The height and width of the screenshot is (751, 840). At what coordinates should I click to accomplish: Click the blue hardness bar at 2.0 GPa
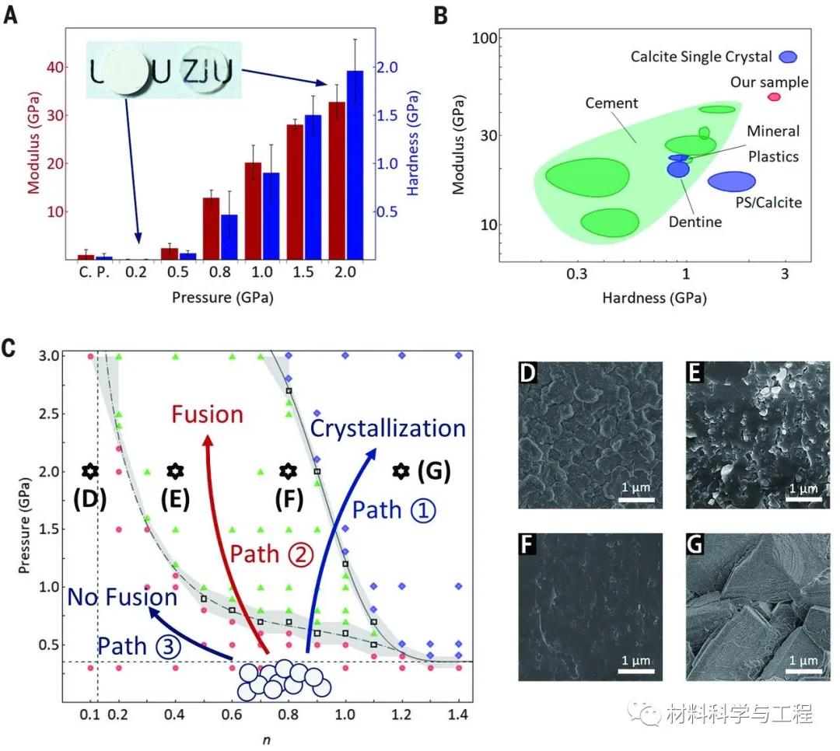tap(355, 165)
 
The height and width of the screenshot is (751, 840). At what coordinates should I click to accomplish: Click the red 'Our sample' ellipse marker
tap(774, 96)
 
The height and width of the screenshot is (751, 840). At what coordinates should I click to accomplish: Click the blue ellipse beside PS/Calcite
tap(731, 181)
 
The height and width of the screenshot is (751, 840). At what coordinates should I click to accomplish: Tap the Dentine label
tap(695, 222)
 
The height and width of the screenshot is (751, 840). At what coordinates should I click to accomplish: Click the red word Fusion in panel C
tap(208, 414)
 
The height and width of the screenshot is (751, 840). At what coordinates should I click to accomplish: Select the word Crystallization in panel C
tap(388, 428)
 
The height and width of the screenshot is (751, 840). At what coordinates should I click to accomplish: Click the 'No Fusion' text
tap(122, 597)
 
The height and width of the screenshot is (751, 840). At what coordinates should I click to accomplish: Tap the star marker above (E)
tap(176, 470)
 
